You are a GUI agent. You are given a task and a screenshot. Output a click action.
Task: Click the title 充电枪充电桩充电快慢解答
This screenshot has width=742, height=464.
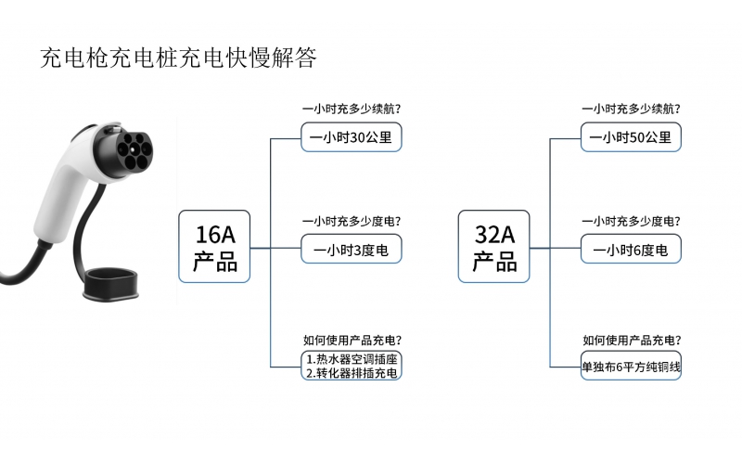179,58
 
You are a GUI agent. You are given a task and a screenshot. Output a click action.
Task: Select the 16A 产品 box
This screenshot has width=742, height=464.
215,247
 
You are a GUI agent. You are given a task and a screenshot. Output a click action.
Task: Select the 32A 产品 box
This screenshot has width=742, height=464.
494,247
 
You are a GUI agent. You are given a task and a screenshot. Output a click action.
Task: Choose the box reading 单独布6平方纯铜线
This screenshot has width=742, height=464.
631,367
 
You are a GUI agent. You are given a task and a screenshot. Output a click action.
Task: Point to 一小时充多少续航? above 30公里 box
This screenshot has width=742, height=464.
352,109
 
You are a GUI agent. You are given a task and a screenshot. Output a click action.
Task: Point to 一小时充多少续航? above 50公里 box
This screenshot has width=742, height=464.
631,109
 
